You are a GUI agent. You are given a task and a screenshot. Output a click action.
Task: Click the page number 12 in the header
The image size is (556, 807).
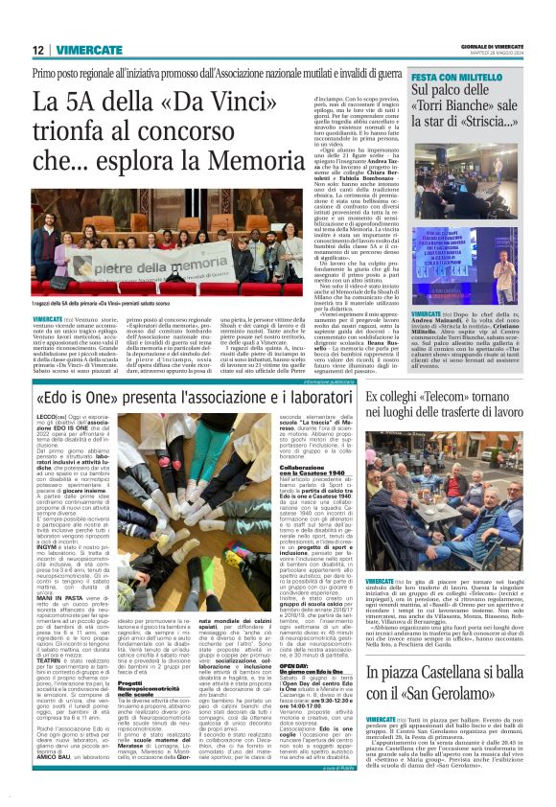(x=36, y=50)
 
